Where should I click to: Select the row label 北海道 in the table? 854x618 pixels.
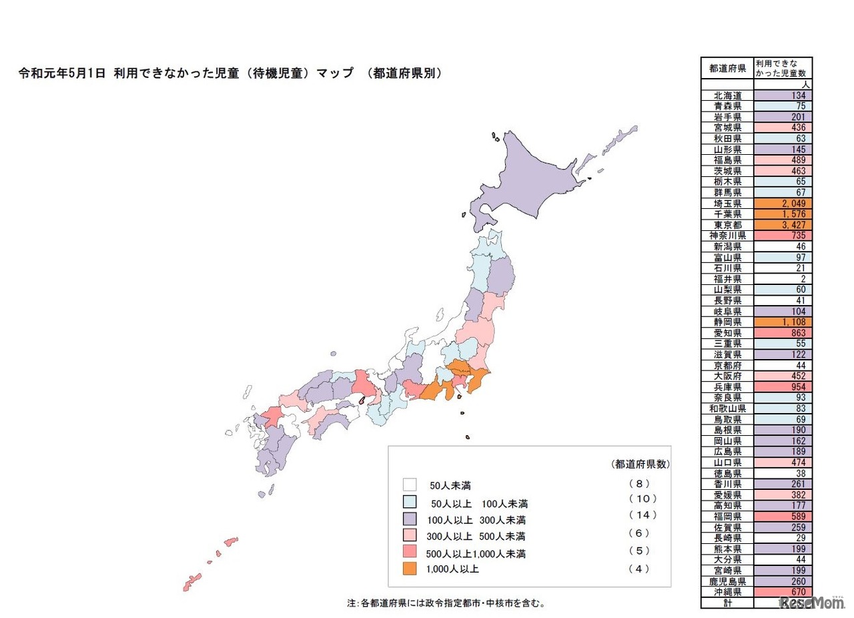727,95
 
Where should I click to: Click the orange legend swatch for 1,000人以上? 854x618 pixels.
410,569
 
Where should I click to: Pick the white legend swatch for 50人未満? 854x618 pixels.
410,485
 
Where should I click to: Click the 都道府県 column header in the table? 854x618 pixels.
727,68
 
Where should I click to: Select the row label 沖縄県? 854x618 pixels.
727,591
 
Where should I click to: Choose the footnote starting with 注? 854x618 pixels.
446,603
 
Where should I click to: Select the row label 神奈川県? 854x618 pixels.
727,236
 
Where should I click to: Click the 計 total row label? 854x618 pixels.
727,602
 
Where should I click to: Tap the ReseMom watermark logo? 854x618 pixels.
811,602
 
